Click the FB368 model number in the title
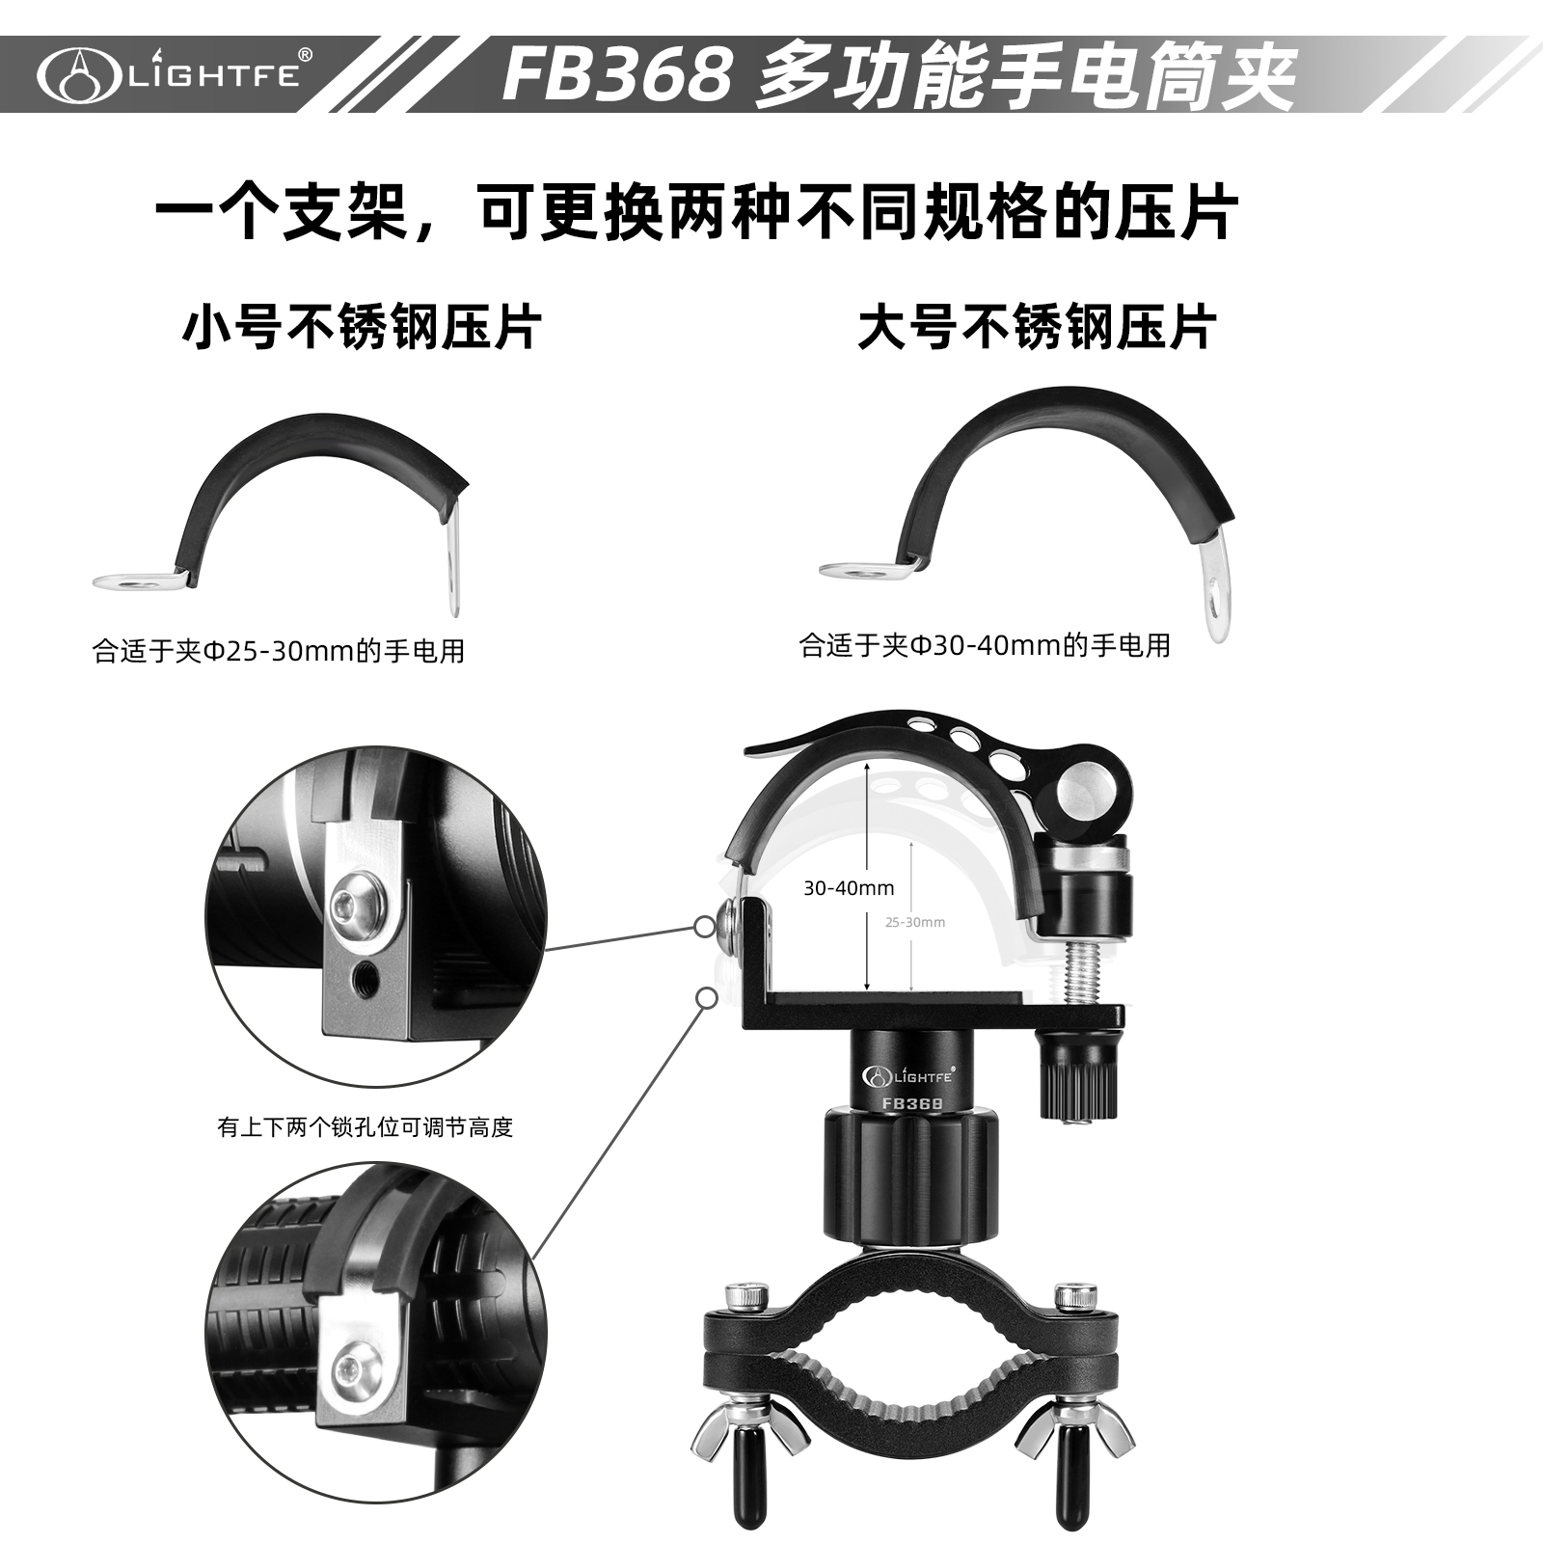pos(617,75)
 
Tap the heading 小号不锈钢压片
pos(362,327)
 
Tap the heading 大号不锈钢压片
pos(1037,327)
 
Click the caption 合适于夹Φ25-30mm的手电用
pos(279,651)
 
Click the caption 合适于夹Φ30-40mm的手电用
pos(985,645)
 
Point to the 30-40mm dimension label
pos(849,888)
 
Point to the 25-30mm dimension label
pos(915,922)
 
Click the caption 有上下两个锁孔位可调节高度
pos(365,1126)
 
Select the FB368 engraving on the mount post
pos(911,1102)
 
